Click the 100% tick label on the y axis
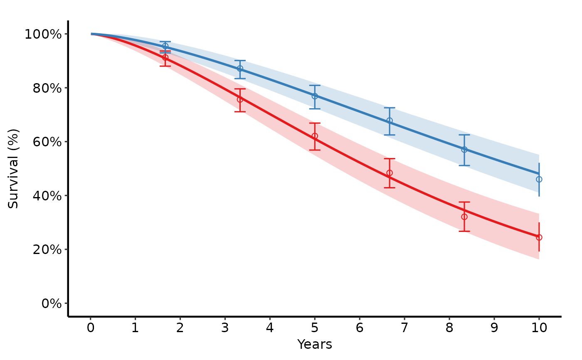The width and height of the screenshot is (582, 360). (x=43, y=34)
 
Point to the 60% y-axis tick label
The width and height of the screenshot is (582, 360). (x=47, y=142)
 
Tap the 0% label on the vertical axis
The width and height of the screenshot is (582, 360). (x=52, y=303)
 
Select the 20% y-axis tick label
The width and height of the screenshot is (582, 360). (x=47, y=249)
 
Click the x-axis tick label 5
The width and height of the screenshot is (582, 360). (x=315, y=328)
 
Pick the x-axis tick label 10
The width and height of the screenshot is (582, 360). (x=539, y=328)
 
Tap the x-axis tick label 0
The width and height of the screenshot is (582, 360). (x=91, y=328)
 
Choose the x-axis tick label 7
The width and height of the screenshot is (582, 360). (x=404, y=328)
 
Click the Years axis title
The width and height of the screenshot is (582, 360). (x=315, y=345)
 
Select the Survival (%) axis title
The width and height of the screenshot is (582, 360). (x=13, y=169)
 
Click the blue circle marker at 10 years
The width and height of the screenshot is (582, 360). (x=539, y=180)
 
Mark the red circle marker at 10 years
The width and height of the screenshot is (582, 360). (x=539, y=237)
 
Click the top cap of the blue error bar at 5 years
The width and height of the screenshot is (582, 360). (x=315, y=86)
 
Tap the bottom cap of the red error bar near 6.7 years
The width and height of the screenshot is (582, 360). (x=390, y=187)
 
